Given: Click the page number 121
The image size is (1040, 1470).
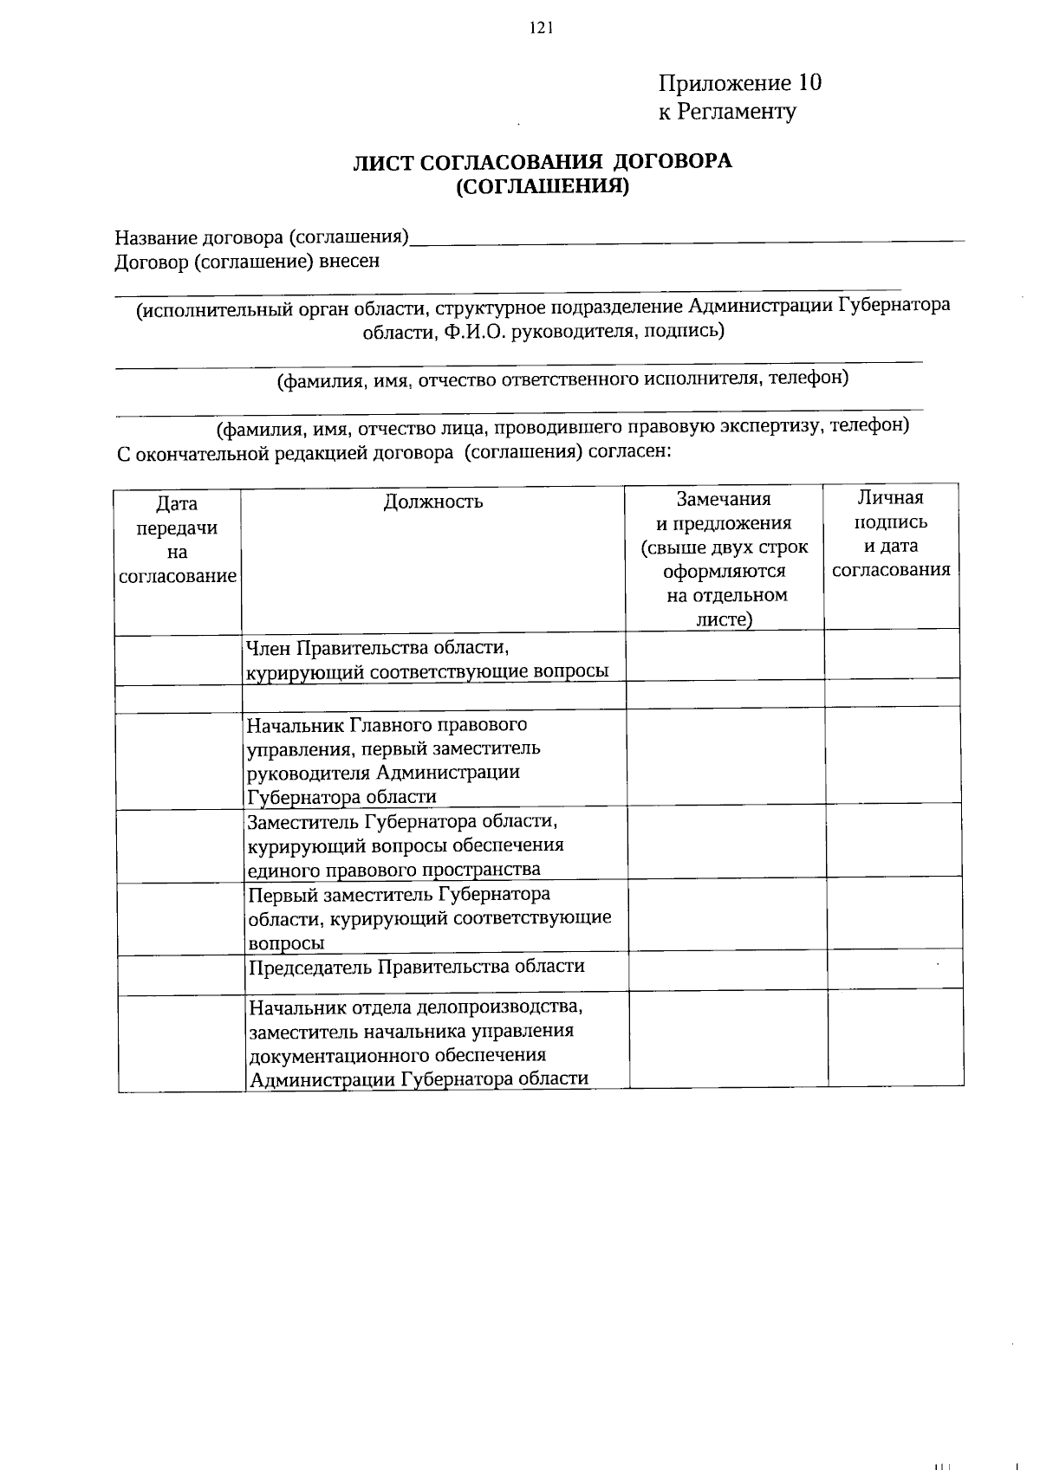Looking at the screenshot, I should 540,28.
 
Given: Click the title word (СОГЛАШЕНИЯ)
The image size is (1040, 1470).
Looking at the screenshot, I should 542,185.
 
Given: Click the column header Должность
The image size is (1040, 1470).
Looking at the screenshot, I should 432,502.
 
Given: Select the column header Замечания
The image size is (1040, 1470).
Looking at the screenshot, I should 723,499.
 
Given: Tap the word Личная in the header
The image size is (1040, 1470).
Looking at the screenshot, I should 890,497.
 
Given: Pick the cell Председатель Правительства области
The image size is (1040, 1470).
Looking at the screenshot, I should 416,967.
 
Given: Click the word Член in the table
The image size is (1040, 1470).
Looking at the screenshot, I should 269,648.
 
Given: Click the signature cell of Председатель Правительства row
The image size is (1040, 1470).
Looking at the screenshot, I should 894,972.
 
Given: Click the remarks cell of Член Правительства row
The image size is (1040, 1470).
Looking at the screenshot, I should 724,656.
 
